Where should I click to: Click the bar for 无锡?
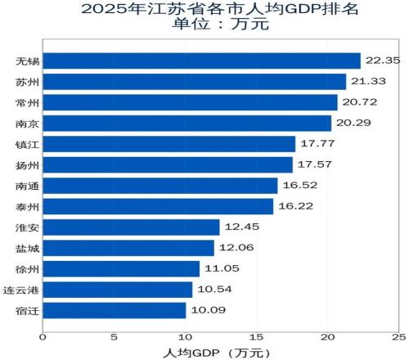pos(201,61)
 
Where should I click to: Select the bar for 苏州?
pos(194,82)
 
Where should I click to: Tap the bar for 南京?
pos(187,124)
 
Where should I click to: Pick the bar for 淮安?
pos(131,227)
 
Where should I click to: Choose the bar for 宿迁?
pos(115,311)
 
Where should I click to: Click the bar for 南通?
pos(160,186)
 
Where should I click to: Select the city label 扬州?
pos(26,165)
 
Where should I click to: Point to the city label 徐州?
pos(26,269)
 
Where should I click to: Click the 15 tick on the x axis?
pos(256,336)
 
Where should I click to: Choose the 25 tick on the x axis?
pos(398,336)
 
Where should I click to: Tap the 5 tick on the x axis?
pos(114,336)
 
